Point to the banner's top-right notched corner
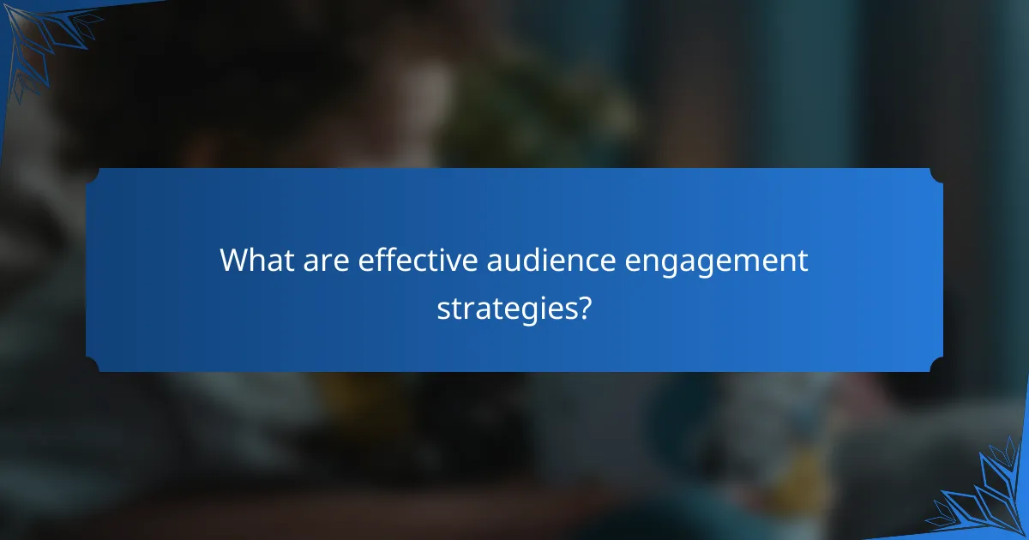pos(936,176)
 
